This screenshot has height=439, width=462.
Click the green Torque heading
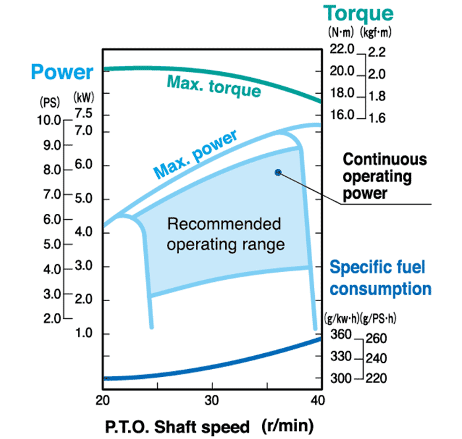coord(358,14)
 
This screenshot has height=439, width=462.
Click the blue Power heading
coord(62,72)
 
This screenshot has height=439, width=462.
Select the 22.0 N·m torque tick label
coord(341,49)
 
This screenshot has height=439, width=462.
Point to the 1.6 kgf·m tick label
coord(377,118)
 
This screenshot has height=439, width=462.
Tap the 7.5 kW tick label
coord(84,113)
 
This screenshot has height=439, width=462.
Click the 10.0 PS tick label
coord(49,120)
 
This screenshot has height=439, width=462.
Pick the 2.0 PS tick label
coord(52,318)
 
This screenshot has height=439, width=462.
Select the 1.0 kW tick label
coord(84,333)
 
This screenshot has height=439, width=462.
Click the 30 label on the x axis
coord(212,400)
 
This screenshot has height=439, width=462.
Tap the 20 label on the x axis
coord(102,400)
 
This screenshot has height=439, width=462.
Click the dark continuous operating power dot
coord(278,172)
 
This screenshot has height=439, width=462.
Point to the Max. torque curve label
coord(214,86)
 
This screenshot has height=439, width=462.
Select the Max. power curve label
coord(195,154)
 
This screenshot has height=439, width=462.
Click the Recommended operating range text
coord(226,234)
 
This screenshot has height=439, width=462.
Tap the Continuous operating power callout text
coord(385,176)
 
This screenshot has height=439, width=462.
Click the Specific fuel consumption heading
coord(380,278)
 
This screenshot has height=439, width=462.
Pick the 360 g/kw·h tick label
coord(341,335)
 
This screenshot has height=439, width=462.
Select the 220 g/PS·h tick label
coord(376,378)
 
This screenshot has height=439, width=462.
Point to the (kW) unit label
coord(84,97)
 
